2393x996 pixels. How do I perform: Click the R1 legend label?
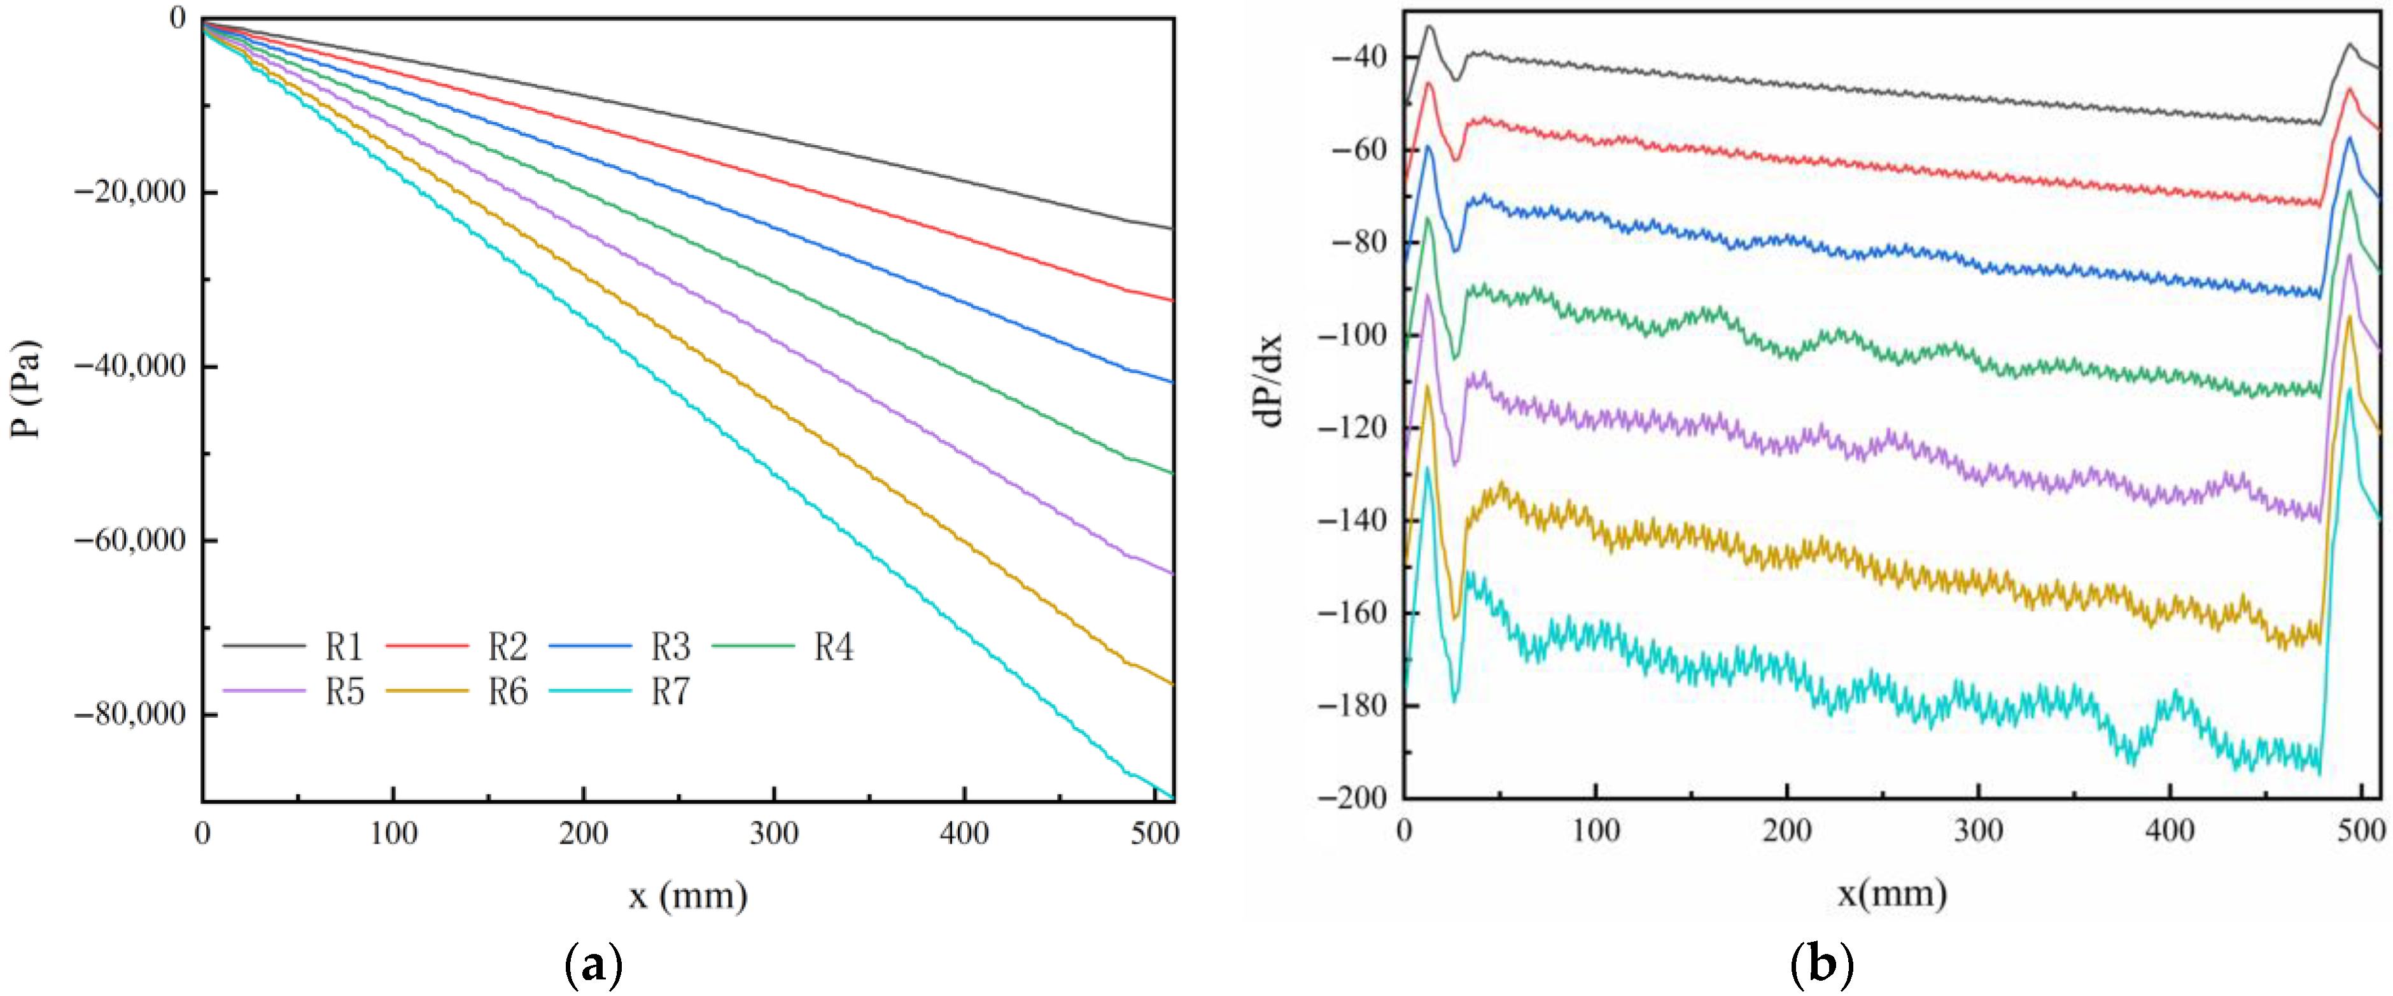[x=344, y=646]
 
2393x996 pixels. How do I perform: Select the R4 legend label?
[x=833, y=646]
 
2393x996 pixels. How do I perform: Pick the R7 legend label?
[x=670, y=691]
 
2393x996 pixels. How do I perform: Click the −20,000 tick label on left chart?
[x=129, y=192]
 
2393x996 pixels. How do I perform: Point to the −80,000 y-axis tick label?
[x=129, y=715]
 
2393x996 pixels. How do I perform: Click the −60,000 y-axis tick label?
[x=129, y=541]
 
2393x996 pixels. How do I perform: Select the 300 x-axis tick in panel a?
[x=774, y=834]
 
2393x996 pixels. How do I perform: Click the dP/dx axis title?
[x=1268, y=379]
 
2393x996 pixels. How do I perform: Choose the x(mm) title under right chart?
[x=1892, y=893]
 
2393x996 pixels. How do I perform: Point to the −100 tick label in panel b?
[x=1352, y=334]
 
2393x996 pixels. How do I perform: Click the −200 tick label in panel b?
[x=1352, y=797]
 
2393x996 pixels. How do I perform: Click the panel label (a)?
[x=594, y=966]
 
